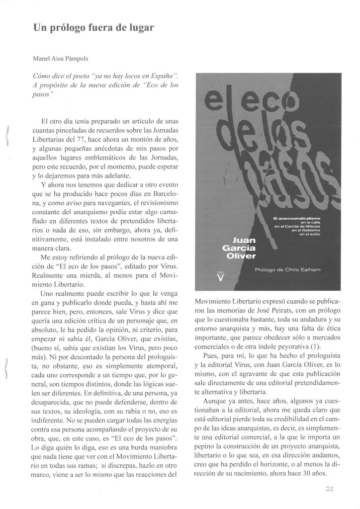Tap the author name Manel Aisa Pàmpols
(62, 58)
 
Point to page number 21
(342, 489)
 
